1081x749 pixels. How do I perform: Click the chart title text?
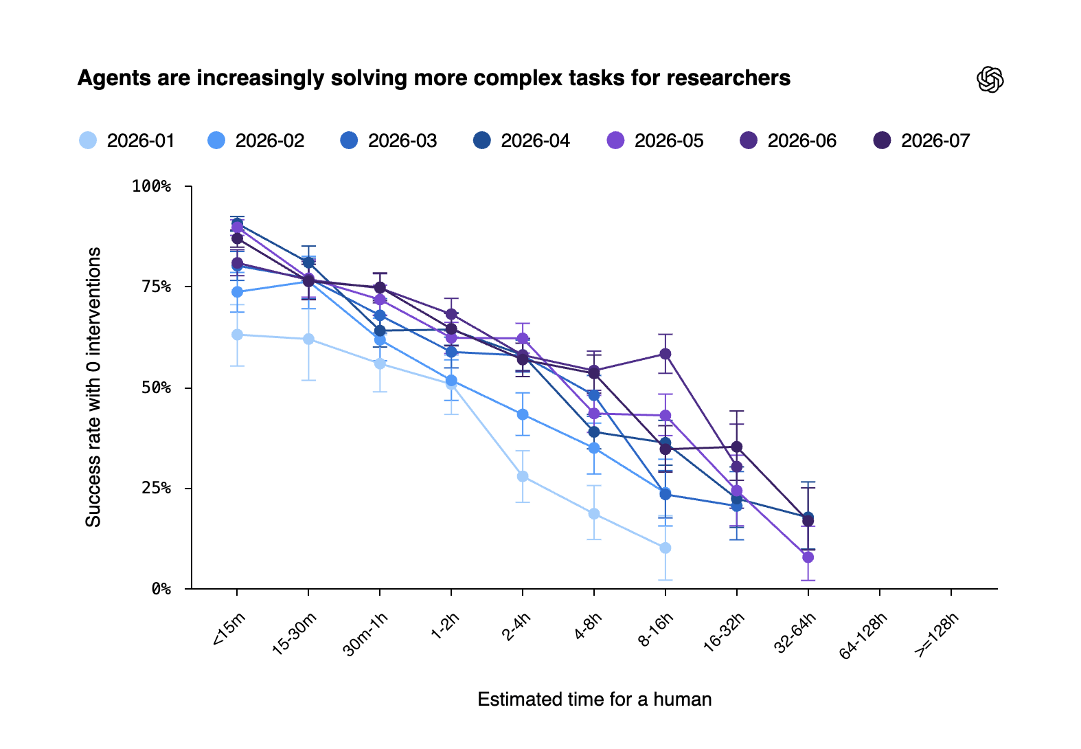tap(433, 78)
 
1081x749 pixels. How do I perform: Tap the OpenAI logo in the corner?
tap(990, 79)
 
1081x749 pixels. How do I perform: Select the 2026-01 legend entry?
tap(126, 141)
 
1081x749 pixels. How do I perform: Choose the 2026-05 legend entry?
tap(655, 141)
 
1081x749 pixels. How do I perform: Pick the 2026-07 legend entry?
tap(922, 141)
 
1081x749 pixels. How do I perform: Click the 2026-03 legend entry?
tap(389, 141)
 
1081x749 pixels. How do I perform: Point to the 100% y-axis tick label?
tap(152, 186)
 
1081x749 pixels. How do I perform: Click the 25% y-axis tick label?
tap(157, 488)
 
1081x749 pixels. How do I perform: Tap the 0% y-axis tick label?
tap(161, 588)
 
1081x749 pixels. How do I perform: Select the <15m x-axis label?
tap(229, 628)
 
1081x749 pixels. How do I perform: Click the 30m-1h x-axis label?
tap(365, 634)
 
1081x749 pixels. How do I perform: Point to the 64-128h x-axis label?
tap(863, 636)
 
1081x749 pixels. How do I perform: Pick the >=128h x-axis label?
tap(935, 634)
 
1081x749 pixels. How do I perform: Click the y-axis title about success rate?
tap(93, 387)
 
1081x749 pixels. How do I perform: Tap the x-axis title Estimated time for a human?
tap(595, 699)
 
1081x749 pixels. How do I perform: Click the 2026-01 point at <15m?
tap(237, 335)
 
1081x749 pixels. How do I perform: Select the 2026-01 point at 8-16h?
tap(665, 548)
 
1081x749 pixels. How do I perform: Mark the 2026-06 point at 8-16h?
tap(665, 354)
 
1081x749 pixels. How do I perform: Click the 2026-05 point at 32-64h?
tap(808, 557)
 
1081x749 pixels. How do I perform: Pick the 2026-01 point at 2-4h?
tap(522, 476)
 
